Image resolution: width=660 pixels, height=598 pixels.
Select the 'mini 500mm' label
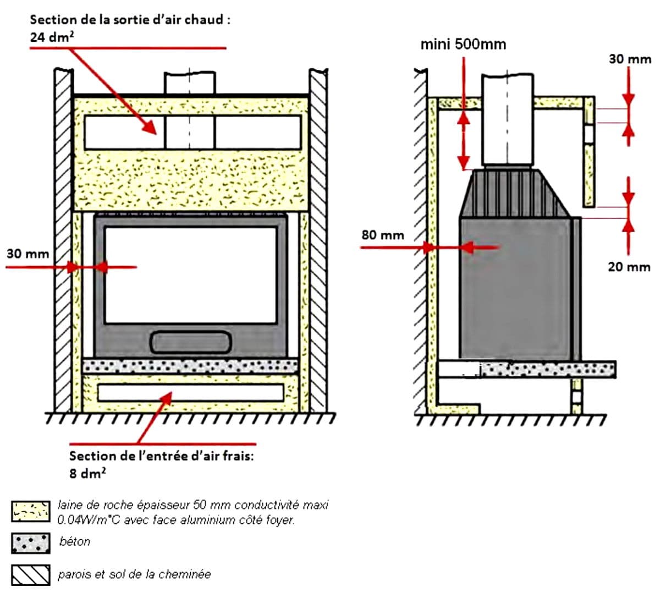click(463, 45)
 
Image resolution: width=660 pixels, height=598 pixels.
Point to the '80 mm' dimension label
click(382, 235)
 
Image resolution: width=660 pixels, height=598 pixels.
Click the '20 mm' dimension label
click(629, 267)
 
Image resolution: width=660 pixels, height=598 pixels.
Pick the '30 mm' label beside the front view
click(28, 254)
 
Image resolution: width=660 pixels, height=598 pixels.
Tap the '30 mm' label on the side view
click(630, 59)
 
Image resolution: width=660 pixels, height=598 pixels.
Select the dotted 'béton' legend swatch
click(31, 543)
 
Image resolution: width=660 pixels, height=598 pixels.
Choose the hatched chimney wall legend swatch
click(31, 575)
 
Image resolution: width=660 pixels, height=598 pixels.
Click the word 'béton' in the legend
click(75, 542)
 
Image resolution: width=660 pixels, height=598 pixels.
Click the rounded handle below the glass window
click(190, 342)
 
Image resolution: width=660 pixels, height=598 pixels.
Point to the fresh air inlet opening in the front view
click(190, 392)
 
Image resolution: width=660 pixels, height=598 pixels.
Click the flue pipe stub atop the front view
click(190, 83)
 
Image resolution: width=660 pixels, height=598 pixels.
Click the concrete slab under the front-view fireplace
click(190, 365)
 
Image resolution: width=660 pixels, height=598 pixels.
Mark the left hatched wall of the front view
click(63, 242)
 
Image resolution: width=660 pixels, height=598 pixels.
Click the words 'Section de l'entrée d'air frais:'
click(161, 456)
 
